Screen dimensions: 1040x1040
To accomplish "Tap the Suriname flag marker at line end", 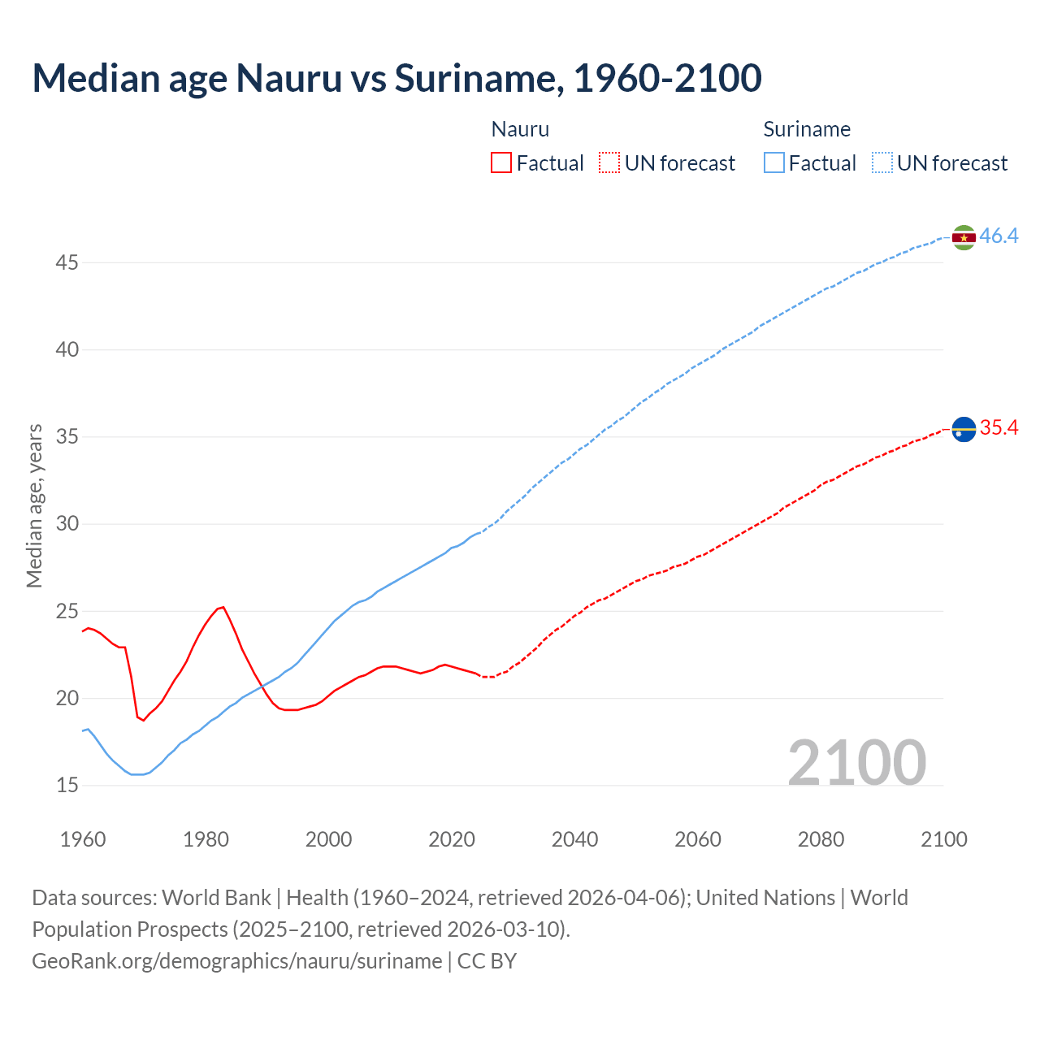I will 964,237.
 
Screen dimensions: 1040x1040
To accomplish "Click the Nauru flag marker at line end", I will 964,428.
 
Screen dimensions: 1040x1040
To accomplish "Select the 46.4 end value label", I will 999,236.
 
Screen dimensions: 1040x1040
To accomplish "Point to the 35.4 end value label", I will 999,428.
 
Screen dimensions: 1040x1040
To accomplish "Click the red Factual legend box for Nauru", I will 501,163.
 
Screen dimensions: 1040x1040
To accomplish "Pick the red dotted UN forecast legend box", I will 609,163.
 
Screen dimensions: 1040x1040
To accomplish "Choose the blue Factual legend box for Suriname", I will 774,163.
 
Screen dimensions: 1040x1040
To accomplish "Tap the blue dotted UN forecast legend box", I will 882,163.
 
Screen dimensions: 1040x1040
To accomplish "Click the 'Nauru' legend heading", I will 520,129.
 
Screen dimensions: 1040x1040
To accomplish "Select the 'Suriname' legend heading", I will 807,129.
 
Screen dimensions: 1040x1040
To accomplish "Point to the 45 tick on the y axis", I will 67,262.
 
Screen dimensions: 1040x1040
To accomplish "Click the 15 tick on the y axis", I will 67,785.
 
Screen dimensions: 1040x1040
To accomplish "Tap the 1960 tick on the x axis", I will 83,839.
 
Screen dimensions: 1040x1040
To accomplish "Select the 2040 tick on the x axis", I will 574,839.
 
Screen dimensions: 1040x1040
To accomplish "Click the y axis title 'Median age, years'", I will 34,505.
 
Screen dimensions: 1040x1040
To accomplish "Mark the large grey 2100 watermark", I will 856,762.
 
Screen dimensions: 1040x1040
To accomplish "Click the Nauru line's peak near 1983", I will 223,607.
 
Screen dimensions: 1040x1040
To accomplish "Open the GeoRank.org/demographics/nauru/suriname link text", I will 237,961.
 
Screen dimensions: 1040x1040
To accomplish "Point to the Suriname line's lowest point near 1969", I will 136,774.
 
